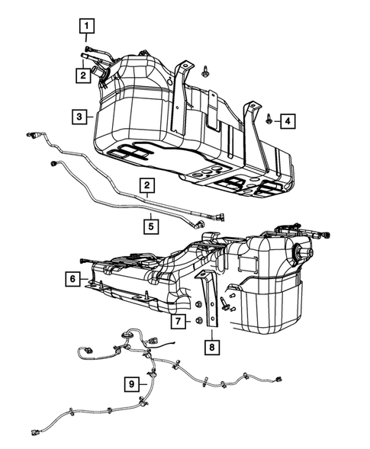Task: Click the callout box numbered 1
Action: coord(88,29)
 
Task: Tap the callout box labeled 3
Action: coord(79,117)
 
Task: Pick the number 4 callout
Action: coord(286,120)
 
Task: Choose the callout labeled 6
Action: coord(71,280)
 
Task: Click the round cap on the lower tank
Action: coord(294,252)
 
